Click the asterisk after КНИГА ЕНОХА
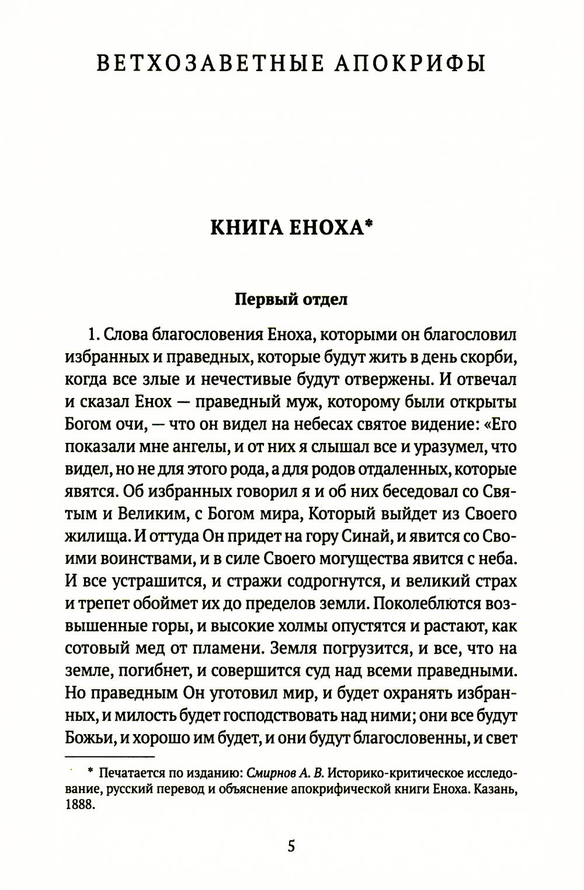369,225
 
